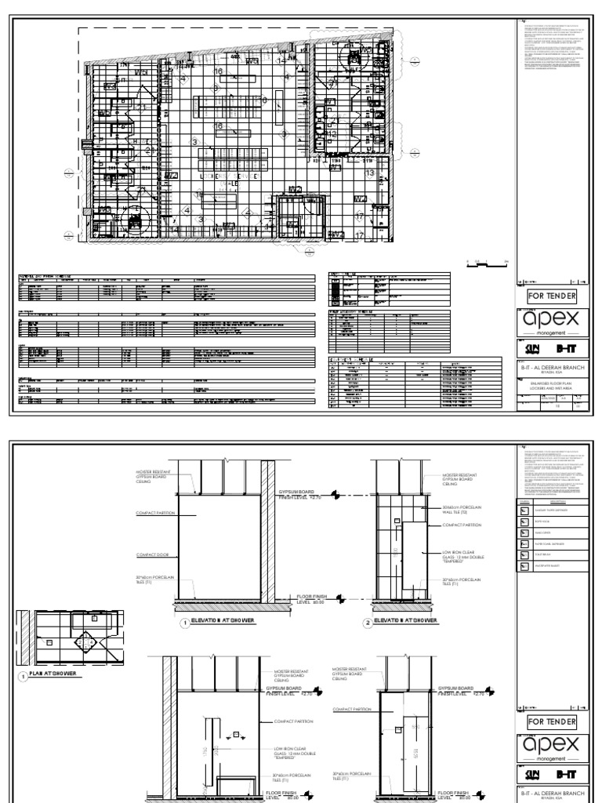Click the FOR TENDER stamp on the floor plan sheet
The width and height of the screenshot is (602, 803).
[x=552, y=296]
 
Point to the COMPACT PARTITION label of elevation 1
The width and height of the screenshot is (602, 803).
[x=147, y=514]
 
